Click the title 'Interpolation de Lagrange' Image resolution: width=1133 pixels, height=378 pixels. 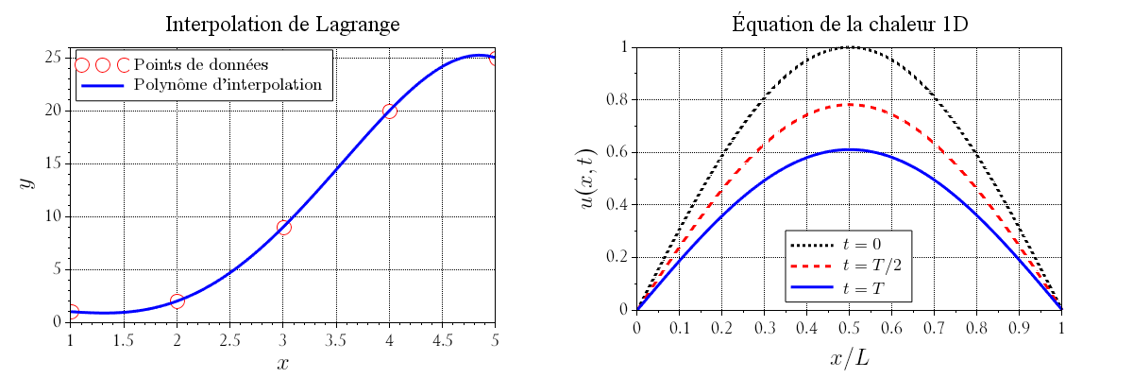coord(283,25)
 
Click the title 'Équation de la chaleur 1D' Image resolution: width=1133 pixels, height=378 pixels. coord(850,25)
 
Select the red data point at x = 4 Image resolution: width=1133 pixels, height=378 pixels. coord(389,111)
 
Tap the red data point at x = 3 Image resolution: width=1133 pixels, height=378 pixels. coord(283,227)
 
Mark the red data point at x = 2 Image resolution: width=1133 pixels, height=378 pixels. coord(177,301)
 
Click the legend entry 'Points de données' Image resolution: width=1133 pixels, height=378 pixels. coord(202,65)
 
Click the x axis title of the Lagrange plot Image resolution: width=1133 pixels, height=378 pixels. coord(283,364)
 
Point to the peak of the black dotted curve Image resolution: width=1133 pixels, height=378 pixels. coord(850,46)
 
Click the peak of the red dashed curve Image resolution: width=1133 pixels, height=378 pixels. coord(850,104)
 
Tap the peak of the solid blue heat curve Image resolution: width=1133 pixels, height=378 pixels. coord(850,149)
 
